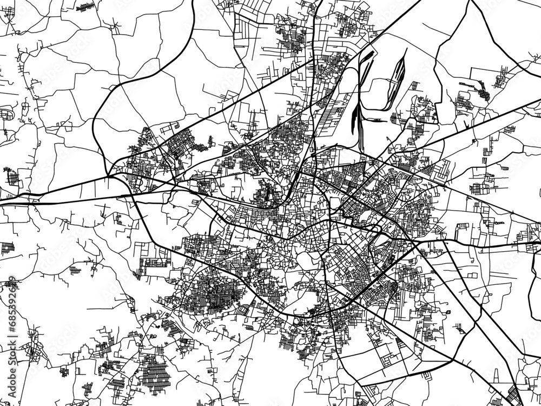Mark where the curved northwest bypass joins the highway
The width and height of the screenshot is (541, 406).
(x=110, y=176)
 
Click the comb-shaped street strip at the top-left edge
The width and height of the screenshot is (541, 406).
(x=84, y=8)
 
